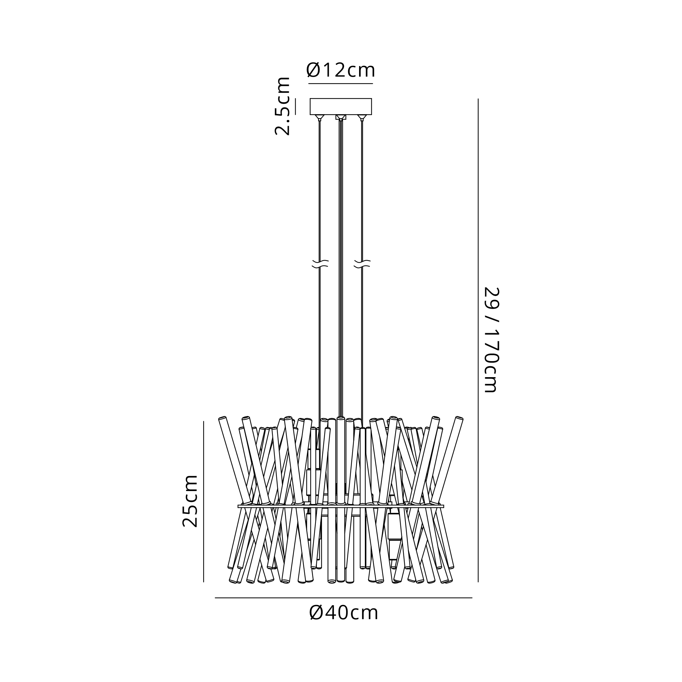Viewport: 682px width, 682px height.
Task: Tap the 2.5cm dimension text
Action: pos(282,106)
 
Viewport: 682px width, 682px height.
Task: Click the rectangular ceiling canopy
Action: pos(341,107)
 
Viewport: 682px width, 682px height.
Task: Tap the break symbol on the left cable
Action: pos(320,264)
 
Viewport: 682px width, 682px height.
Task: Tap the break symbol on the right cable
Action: pos(362,264)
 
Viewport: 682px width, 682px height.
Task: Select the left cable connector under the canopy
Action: pos(320,118)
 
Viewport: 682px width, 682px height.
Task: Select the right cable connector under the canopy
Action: pos(362,118)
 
